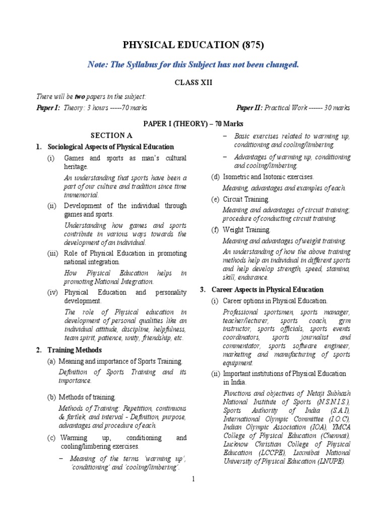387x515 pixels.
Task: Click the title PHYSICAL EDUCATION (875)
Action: [x=193, y=46]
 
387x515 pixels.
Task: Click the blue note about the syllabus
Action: [x=193, y=64]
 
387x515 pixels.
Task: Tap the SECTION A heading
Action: [x=111, y=135]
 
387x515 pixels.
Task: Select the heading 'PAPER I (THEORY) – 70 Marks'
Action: [x=193, y=123]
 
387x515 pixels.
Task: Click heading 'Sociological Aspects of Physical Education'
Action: [x=110, y=147]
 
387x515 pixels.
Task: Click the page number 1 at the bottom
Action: [x=193, y=479]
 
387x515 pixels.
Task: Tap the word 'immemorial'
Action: [x=81, y=195]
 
